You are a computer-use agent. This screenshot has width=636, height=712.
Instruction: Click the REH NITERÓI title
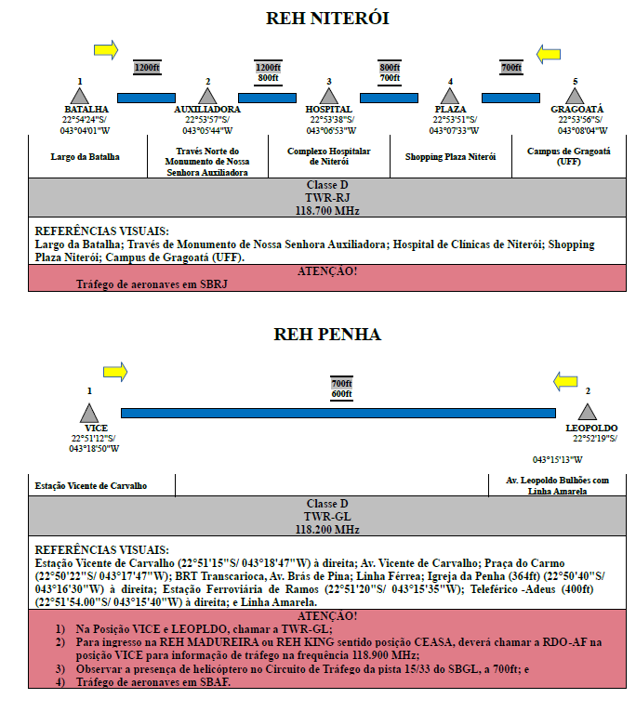327,19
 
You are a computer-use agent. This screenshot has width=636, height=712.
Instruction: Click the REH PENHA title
327,335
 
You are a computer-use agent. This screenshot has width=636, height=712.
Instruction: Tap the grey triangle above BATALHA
80,97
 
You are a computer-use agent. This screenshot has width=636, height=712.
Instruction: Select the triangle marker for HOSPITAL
329,97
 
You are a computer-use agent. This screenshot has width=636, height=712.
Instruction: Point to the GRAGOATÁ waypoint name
576,109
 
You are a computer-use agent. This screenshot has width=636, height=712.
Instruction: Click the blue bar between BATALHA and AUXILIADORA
146,98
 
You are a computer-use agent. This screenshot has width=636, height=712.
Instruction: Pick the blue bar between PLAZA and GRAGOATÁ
510,98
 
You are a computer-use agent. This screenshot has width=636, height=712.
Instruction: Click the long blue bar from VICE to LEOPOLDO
338,413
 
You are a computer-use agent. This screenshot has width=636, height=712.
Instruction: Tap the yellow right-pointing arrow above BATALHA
106,49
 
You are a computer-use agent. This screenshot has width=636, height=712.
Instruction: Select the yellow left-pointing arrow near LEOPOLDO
565,381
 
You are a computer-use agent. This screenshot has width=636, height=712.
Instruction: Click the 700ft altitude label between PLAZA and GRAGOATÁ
511,68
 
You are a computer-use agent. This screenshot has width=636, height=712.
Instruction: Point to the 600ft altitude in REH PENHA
341,394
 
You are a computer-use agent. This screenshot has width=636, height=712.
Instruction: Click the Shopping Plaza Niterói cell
450,157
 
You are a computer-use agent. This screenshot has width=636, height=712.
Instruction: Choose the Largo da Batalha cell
85,157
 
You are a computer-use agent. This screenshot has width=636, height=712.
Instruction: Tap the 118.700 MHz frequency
327,211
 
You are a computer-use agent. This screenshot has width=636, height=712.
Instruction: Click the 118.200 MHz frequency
327,530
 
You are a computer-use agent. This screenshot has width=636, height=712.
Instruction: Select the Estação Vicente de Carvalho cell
91,486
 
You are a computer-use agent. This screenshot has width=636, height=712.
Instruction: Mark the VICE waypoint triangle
89,414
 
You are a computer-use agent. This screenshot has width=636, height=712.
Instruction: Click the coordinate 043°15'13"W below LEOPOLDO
557,459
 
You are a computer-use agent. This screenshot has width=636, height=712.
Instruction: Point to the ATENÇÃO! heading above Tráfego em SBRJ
327,271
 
